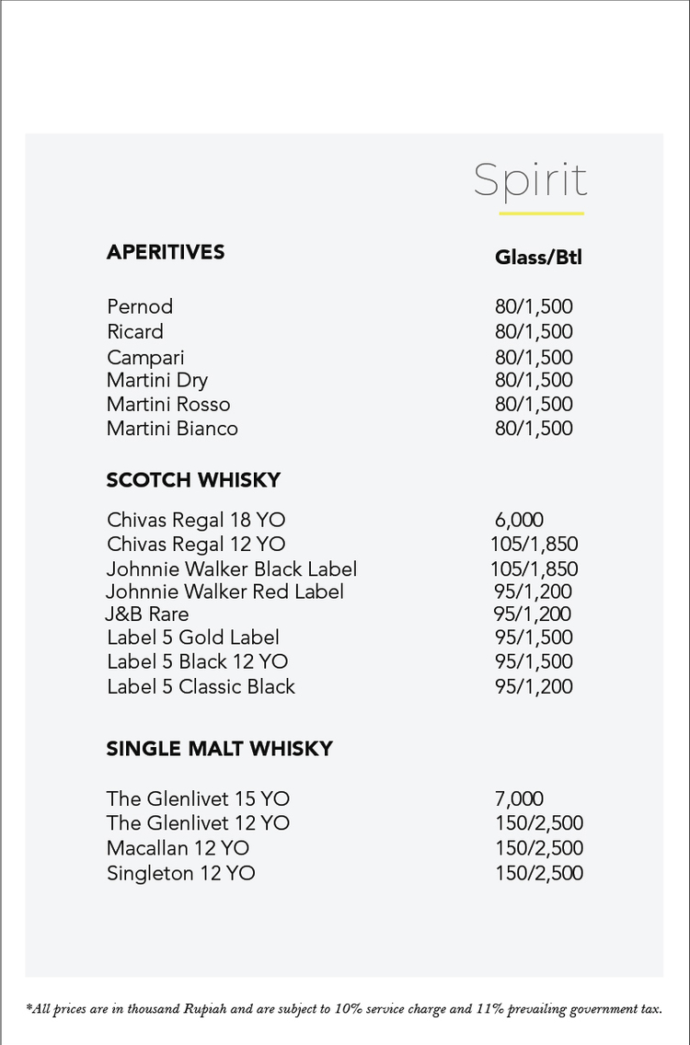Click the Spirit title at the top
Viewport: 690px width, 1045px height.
point(530,180)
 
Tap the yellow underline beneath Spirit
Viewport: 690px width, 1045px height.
point(541,213)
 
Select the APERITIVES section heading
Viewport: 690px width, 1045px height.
point(166,252)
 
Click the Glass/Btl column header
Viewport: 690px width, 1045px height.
point(538,257)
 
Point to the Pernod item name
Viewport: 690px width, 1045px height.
point(140,306)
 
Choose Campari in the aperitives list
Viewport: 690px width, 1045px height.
point(145,357)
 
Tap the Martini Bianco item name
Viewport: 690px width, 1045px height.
point(172,429)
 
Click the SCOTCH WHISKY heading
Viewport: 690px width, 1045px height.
point(193,480)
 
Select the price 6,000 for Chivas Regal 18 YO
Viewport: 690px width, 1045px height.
point(519,521)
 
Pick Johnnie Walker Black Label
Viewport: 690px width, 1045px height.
point(232,569)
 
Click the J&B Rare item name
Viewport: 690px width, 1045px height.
point(147,614)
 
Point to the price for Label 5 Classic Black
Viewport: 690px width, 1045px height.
point(534,686)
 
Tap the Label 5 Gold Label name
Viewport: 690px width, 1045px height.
point(193,638)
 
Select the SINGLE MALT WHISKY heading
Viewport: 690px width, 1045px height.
point(219,749)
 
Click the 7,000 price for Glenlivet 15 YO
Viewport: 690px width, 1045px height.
point(519,799)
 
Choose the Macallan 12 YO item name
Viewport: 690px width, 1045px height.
point(178,848)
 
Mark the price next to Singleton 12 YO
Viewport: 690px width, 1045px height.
point(538,873)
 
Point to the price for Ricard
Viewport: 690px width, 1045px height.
point(534,332)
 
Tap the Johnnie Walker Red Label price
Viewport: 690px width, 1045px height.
point(534,591)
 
